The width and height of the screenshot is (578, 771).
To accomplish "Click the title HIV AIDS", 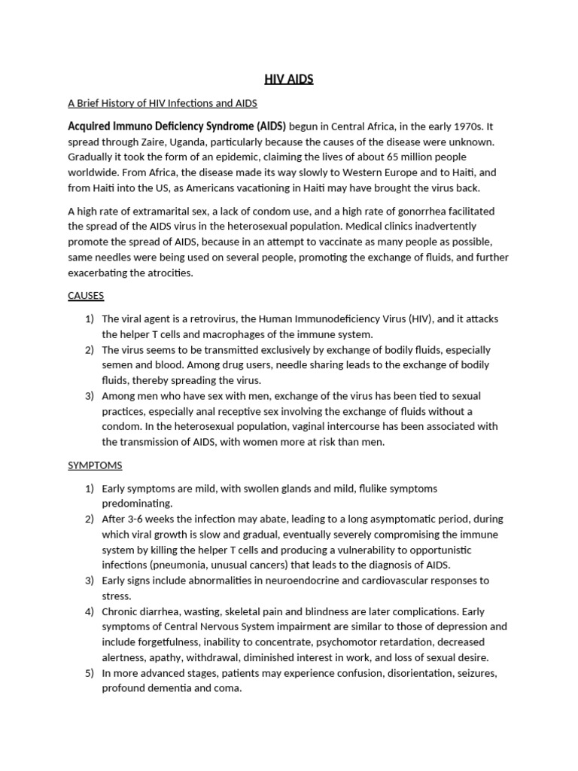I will coord(289,79).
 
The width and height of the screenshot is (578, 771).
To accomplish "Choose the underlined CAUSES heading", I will coord(86,295).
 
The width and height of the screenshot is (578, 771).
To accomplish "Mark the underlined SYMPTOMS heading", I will coord(95,465).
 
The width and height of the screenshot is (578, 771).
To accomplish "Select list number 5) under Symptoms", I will coord(89,672).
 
